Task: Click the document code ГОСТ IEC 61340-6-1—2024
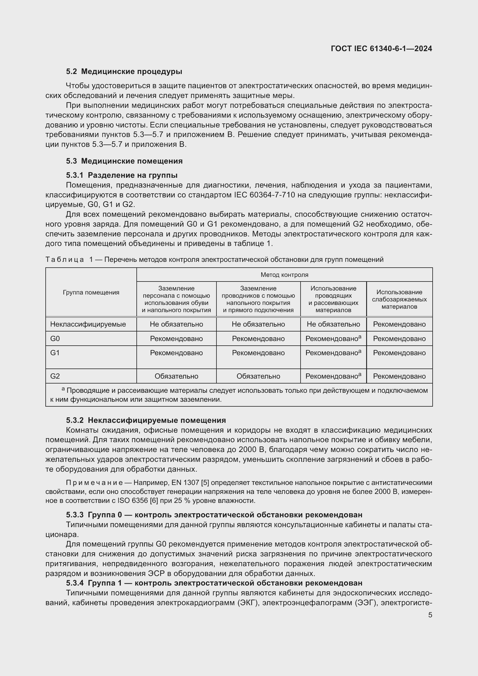tap(381, 49)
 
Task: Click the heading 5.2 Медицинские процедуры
tap(124, 72)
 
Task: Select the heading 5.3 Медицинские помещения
tap(124, 161)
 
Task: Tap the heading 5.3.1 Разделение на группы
tap(122, 175)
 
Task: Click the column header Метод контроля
tap(284, 275)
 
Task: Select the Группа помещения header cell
tap(91, 292)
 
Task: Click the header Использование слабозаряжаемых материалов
tap(399, 299)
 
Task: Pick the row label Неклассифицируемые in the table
tap(88, 324)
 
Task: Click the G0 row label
tap(55, 339)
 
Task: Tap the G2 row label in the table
tap(55, 376)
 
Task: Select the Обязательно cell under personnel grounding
tap(176, 376)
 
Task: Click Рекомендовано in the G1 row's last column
tap(399, 353)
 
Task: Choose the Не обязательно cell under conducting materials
tap(333, 324)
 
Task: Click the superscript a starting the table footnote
tap(63, 389)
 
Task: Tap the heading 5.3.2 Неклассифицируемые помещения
tap(146, 420)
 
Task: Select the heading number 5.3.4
tap(75, 583)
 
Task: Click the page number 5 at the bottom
tap(430, 615)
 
